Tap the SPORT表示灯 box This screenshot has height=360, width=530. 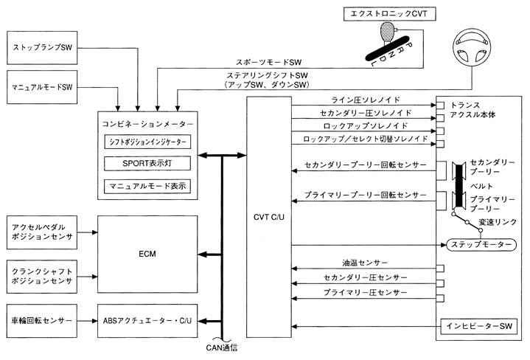coord(147,162)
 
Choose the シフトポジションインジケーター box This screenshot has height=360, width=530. coord(147,140)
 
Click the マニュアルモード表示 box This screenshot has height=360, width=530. coord(147,184)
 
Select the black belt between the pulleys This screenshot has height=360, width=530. coord(461,184)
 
